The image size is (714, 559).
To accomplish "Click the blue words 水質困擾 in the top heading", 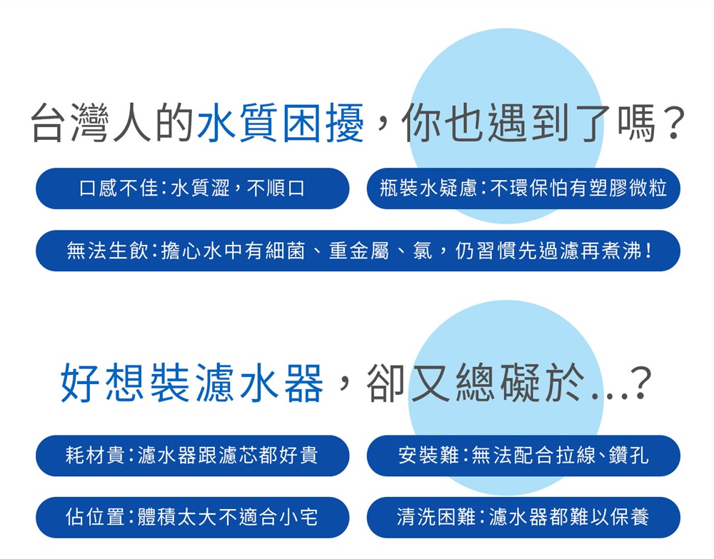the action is click(x=281, y=123).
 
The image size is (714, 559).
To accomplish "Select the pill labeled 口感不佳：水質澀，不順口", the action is click(x=193, y=188).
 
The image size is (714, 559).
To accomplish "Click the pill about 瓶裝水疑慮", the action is click(x=523, y=188).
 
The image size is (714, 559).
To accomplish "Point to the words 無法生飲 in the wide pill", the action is click(x=106, y=251).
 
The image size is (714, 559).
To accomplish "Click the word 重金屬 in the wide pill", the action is click(x=359, y=251).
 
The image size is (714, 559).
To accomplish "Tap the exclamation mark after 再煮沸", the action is click(x=648, y=251).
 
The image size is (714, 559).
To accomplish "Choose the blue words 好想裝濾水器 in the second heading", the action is click(x=191, y=383).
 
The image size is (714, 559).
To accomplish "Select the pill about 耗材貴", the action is click(x=193, y=455).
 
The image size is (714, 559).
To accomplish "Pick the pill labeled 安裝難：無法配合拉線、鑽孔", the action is click(x=523, y=455).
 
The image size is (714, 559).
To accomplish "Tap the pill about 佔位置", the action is click(x=193, y=518).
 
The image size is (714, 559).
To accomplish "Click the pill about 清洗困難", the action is click(x=523, y=518).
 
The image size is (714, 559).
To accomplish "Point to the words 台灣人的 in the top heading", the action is click(x=112, y=123).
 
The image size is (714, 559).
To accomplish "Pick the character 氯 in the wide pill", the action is click(x=422, y=251).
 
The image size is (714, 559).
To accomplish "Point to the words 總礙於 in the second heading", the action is click(x=520, y=383).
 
